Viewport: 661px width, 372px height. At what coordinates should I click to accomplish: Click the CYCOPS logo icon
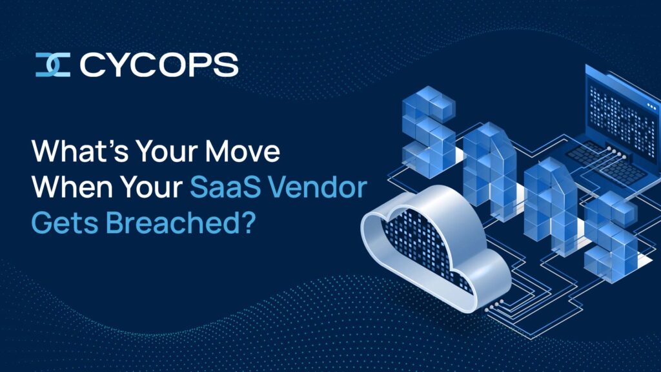[x=53, y=65]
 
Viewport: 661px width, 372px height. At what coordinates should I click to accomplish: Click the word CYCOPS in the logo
[x=159, y=65]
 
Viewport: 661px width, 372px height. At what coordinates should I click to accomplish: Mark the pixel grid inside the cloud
[x=426, y=249]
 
